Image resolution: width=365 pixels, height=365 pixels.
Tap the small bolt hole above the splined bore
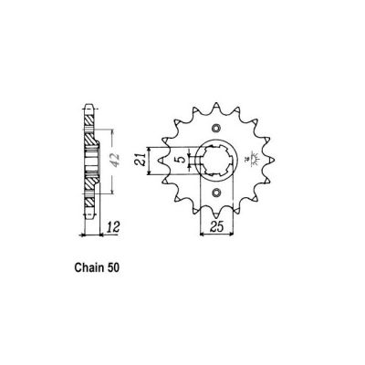[x=216, y=127]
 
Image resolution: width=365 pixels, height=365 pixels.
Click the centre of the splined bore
[x=216, y=161]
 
